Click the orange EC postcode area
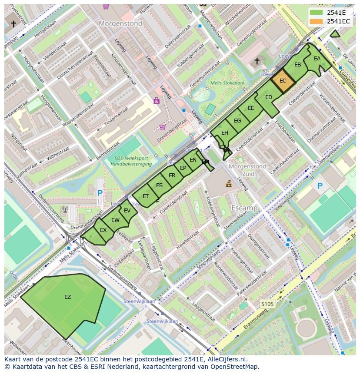(283, 81)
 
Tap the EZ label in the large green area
(67, 297)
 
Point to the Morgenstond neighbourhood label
(120, 24)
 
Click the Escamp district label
(244, 208)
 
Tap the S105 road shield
(267, 304)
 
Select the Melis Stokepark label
(227, 83)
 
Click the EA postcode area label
(317, 59)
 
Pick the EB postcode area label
(298, 65)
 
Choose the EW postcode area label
(115, 220)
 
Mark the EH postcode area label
(225, 133)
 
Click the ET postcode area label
(146, 196)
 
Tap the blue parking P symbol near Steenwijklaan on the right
(320, 186)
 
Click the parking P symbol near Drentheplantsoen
(100, 193)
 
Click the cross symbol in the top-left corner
(13, 24)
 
